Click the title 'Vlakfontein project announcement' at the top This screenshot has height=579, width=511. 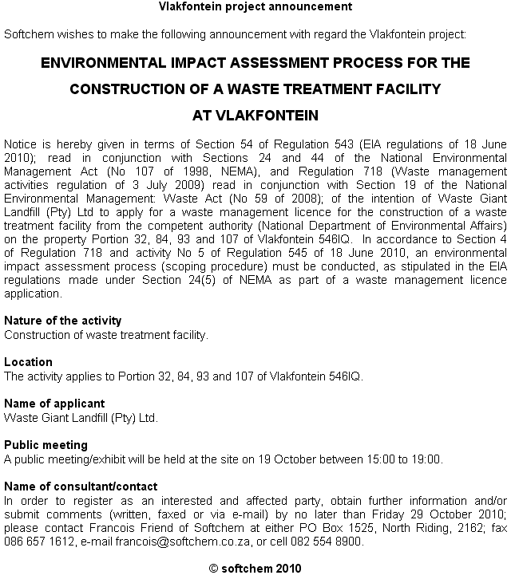click(255, 7)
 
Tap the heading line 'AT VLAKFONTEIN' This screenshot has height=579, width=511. click(255, 116)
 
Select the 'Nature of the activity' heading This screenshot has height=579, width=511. click(63, 321)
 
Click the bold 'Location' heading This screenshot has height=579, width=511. click(28, 362)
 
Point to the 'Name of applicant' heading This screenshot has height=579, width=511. click(54, 404)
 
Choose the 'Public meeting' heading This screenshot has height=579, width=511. click(46, 445)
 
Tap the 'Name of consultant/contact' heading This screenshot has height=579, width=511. click(81, 486)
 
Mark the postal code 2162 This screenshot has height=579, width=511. click(466, 528)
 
